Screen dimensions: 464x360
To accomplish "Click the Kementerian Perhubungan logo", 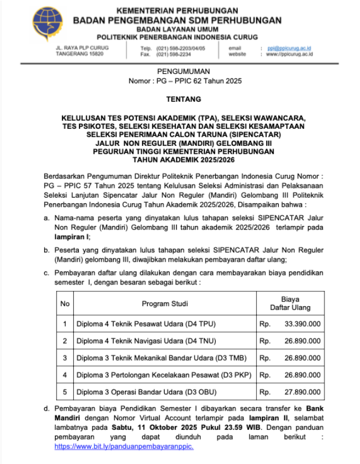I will click(x=48, y=23).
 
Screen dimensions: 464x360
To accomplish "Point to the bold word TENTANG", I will click(x=183, y=99).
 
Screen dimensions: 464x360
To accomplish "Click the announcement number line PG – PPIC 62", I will click(x=185, y=81).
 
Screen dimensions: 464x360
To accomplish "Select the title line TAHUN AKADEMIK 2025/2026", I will click(x=183, y=160).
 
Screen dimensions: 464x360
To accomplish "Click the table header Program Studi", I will click(x=165, y=304).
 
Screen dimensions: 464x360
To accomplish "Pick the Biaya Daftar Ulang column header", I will click(x=290, y=303).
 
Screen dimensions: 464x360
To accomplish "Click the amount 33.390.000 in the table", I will click(x=302, y=324).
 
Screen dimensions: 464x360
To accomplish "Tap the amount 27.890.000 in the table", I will click(x=302, y=392).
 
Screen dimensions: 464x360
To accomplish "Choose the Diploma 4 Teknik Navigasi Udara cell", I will click(x=145, y=341).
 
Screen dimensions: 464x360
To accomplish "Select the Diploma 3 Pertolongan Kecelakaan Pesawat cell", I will click(x=164, y=375).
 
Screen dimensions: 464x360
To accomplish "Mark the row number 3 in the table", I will click(x=65, y=358).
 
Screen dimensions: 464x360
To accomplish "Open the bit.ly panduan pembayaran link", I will click(x=124, y=447).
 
